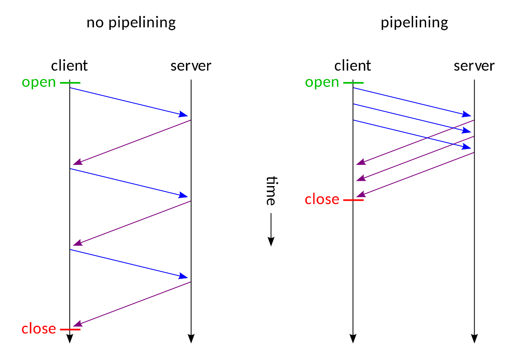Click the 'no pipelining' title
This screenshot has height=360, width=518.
[131, 23]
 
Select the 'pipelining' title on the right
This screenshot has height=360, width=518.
[414, 23]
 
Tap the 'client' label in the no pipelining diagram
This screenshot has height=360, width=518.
[69, 65]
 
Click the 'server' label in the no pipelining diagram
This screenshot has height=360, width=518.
[191, 66]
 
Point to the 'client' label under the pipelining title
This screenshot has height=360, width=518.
[353, 65]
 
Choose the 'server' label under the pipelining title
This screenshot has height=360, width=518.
[474, 66]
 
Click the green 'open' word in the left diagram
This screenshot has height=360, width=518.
[39, 83]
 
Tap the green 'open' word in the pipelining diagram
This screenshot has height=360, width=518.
[322, 83]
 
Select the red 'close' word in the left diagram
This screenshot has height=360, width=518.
[39, 328]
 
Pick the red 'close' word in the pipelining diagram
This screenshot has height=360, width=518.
[322, 199]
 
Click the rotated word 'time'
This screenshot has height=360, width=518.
[271, 191]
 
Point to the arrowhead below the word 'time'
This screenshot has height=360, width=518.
[271, 242]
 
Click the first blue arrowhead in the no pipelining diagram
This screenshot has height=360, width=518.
[183, 114]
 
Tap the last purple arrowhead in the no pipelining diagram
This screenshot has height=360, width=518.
[78, 324]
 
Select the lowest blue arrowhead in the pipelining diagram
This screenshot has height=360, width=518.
[466, 147]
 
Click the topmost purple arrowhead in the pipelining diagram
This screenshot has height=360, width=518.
[361, 162]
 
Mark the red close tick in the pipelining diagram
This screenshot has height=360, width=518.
[353, 200]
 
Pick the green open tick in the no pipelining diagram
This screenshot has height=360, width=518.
[70, 82]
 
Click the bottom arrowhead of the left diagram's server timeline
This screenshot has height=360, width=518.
[191, 338]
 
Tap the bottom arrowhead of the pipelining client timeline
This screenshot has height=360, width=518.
[353, 338]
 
